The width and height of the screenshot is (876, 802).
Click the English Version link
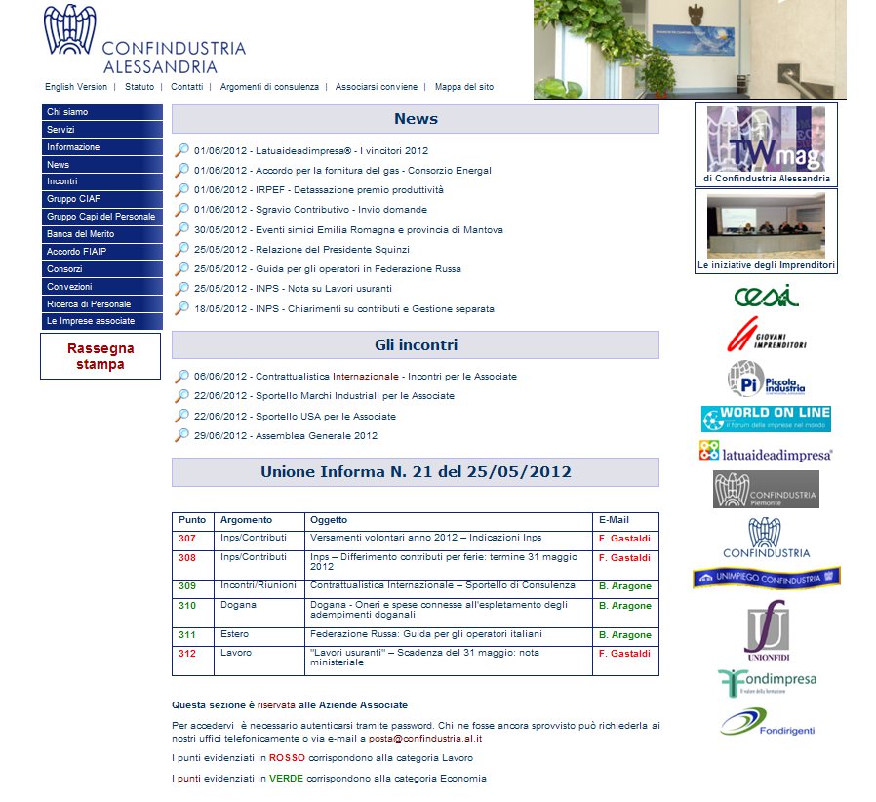[76, 87]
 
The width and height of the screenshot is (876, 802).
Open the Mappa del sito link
[463, 87]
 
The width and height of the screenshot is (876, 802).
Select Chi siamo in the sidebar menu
[67, 112]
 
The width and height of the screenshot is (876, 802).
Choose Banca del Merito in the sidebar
[80, 234]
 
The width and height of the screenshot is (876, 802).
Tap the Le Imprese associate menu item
[91, 321]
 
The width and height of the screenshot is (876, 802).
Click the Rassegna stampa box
[100, 356]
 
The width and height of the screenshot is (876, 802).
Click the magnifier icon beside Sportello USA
[181, 416]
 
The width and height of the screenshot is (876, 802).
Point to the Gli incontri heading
[416, 345]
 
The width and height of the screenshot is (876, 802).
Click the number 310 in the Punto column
[187, 606]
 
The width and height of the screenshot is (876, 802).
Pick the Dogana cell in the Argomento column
[238, 606]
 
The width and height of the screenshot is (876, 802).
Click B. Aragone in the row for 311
[624, 635]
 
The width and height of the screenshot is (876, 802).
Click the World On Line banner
[766, 419]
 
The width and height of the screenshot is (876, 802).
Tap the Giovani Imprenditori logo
[767, 336]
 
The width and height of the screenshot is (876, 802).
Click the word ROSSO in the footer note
[288, 758]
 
